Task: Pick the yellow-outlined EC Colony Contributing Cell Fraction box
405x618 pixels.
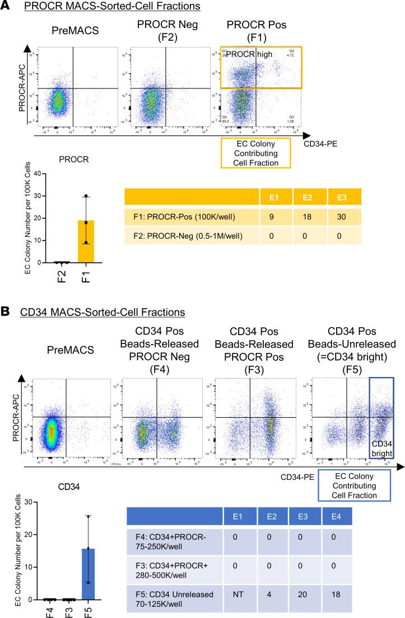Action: point(255,152)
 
